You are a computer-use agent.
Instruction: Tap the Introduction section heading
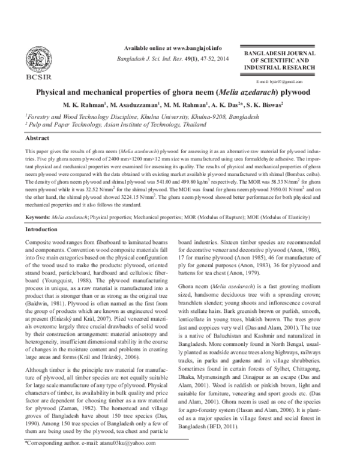click(x=41, y=230)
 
